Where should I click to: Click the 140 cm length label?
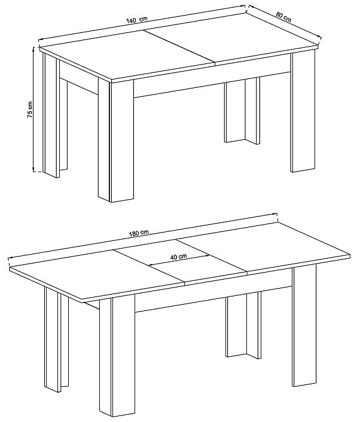(x=137, y=20)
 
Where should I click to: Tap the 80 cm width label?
(x=283, y=17)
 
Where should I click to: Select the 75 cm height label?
(x=30, y=109)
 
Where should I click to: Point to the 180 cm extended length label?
(x=139, y=233)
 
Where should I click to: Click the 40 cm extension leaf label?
(x=178, y=257)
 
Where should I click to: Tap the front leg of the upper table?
(x=116, y=140)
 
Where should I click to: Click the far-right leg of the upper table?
(x=303, y=112)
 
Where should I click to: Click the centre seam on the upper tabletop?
(x=179, y=47)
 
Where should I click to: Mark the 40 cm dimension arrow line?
(x=179, y=260)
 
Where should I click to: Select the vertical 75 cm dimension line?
(x=33, y=109)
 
